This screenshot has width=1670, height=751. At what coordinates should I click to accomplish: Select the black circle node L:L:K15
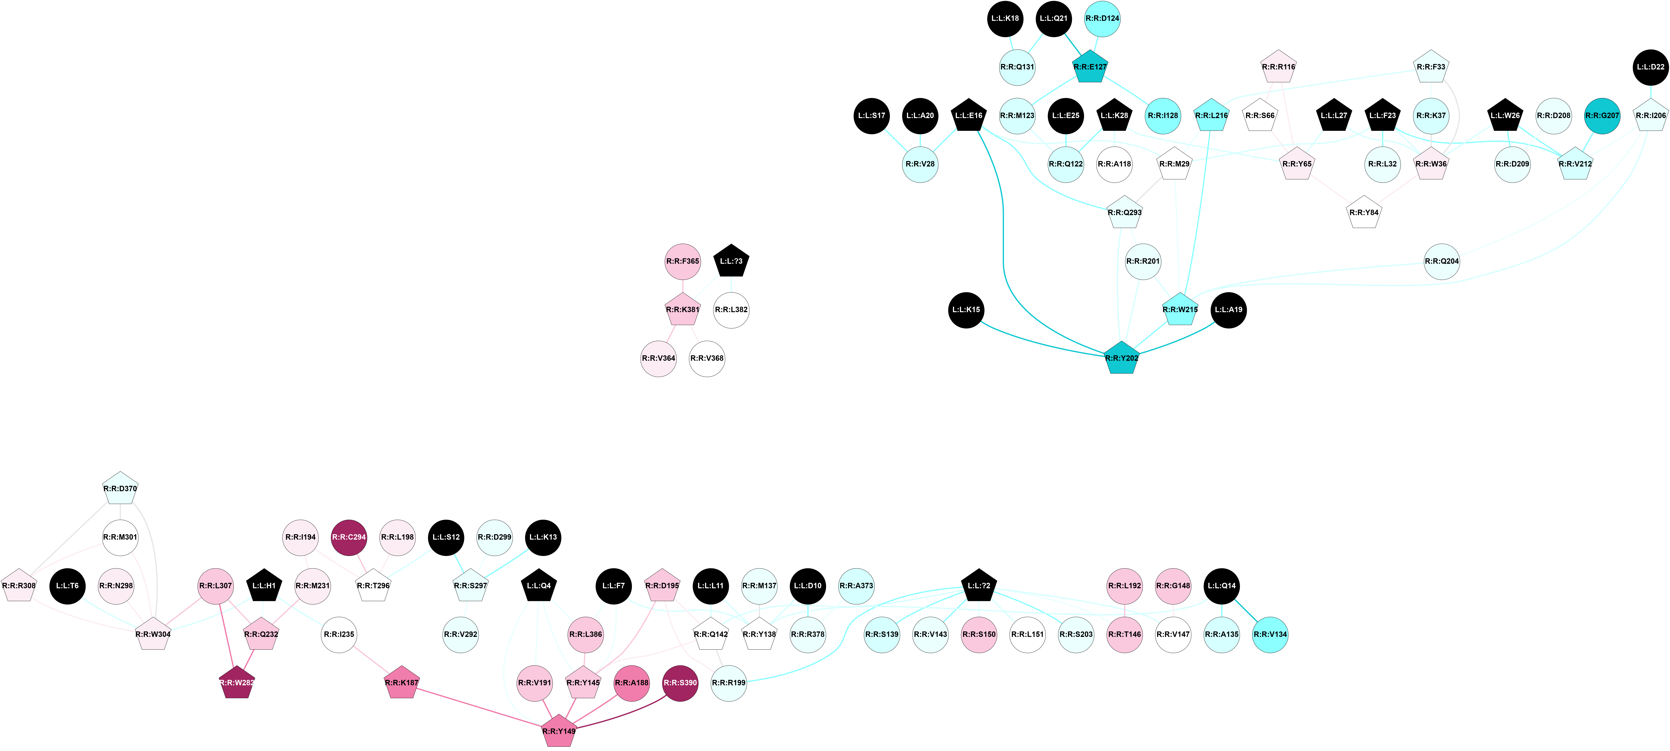click(966, 310)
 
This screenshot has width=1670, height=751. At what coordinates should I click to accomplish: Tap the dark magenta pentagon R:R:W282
click(237, 683)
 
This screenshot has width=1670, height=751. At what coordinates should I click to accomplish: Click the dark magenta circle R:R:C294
click(349, 537)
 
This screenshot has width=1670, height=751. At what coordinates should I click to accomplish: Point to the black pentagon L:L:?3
click(731, 261)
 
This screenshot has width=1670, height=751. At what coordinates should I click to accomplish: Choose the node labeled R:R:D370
click(120, 488)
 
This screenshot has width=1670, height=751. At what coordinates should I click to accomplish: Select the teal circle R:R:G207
click(1602, 115)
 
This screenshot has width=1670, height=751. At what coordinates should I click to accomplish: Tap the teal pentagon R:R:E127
click(1090, 67)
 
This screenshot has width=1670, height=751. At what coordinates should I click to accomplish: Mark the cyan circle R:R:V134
click(1270, 634)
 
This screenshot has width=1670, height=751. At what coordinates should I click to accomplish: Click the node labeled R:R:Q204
click(1442, 261)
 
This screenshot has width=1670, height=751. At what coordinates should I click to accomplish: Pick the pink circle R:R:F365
click(683, 261)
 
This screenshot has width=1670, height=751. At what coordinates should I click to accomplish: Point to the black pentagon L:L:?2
click(979, 586)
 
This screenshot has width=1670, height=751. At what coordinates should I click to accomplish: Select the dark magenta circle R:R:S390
click(680, 683)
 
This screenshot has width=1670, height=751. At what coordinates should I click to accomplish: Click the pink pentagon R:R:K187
click(402, 683)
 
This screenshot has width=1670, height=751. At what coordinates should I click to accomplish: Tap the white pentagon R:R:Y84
click(1364, 213)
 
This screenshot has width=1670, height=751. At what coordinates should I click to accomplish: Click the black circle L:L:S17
click(871, 115)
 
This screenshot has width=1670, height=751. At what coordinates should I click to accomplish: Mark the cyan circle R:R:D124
click(1102, 18)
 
